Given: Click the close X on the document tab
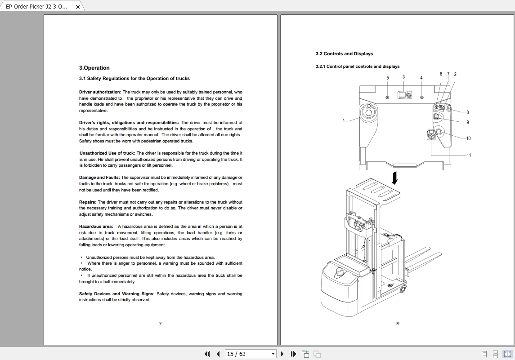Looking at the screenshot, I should [x=78, y=7].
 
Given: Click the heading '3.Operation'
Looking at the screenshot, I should [x=94, y=68].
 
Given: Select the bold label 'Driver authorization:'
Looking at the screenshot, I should [x=100, y=92].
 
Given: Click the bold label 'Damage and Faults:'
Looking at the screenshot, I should [x=99, y=178].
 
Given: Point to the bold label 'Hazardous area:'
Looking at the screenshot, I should [x=96, y=227].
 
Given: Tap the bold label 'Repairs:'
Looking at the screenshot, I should [x=88, y=202].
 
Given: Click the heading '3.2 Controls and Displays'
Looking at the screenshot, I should [x=344, y=54].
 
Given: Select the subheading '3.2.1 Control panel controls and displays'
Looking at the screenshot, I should [x=357, y=67].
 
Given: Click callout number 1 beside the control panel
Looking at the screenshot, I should [x=344, y=120].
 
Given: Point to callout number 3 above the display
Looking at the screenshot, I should [x=403, y=77].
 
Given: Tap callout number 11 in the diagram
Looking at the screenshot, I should [x=469, y=155].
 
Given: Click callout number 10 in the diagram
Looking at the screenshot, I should [x=468, y=138].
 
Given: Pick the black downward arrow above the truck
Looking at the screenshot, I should [x=395, y=178].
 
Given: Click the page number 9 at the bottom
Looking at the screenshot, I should [x=161, y=323].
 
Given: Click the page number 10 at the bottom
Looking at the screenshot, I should [x=397, y=323].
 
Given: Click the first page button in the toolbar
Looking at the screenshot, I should [x=207, y=354].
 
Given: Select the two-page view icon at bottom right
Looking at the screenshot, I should [x=507, y=354].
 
